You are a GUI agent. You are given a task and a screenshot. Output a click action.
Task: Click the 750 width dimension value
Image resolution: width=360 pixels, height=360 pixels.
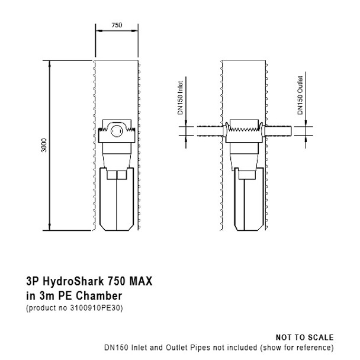[117, 25]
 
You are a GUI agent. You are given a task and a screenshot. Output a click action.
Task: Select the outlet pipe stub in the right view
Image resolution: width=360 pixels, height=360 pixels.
[278, 130]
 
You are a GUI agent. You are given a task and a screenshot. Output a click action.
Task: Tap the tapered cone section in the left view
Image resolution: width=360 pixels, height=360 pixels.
[117, 155]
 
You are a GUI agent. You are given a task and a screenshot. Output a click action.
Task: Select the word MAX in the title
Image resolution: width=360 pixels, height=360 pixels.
[141, 282]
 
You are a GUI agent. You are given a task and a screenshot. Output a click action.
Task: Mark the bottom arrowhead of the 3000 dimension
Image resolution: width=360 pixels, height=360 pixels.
[50, 229]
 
